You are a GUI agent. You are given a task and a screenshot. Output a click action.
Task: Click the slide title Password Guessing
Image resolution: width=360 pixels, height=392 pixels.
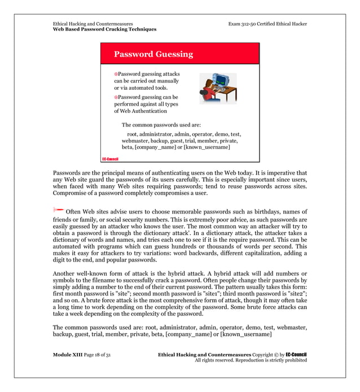pyautogui.click(x=153, y=55)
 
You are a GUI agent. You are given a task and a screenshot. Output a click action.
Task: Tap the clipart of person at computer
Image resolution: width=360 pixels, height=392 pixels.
pyautogui.click(x=217, y=88)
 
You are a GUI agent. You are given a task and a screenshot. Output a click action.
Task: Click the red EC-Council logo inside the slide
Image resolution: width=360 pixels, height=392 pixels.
pyautogui.click(x=109, y=159)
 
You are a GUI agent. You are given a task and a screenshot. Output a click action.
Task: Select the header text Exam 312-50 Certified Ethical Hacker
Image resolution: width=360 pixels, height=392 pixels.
pyautogui.click(x=267, y=24)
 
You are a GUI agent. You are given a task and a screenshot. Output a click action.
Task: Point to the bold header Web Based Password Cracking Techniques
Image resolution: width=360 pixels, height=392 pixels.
pyautogui.click(x=104, y=29)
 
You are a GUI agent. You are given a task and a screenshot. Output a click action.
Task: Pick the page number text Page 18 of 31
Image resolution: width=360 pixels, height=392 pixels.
pyautogui.click(x=95, y=354)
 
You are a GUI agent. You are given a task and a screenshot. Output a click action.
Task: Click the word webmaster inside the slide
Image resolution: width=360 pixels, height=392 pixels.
pyautogui.click(x=136, y=141)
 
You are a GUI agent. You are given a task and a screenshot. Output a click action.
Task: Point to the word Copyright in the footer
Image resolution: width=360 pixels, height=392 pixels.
pyautogui.click(x=265, y=354)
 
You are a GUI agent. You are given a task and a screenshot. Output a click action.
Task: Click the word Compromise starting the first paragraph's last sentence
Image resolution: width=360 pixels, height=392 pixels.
pyautogui.click(x=72, y=193)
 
